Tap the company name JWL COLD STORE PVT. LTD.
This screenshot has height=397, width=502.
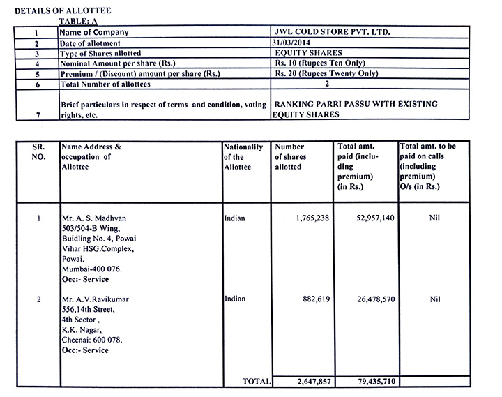pyautogui.click(x=333, y=32)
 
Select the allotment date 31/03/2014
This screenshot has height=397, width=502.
pyautogui.click(x=296, y=43)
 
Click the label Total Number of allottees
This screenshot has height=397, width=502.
pyautogui.click(x=105, y=84)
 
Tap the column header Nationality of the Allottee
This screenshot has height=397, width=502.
pyautogui.click(x=243, y=157)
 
